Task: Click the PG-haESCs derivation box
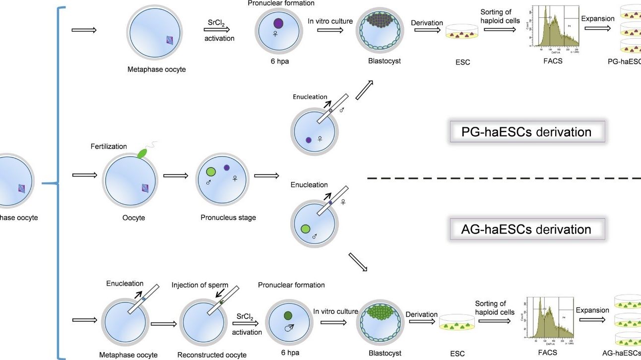point(526,132)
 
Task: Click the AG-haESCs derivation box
point(526,229)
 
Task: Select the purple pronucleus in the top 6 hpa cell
point(278,23)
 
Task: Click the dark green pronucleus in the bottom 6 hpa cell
point(288,315)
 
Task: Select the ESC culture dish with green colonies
point(456,323)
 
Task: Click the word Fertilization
point(109,146)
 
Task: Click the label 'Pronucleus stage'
point(228,217)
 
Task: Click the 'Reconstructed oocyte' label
point(205,355)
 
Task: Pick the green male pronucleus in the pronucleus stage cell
point(211,172)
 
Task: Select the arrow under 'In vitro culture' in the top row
point(330,30)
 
